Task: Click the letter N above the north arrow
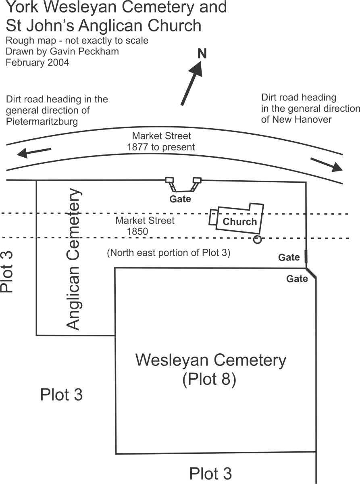point(202,54)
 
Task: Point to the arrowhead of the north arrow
point(198,69)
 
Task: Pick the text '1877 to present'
point(161,147)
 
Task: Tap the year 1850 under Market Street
point(137,232)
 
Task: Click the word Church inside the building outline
point(239,221)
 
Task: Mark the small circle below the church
point(257,240)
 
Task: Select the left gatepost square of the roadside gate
point(170,180)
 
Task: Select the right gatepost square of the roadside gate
point(197,180)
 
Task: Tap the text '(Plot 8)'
point(209,380)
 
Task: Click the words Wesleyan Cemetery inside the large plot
point(210,360)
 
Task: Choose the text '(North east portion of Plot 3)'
point(168,253)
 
